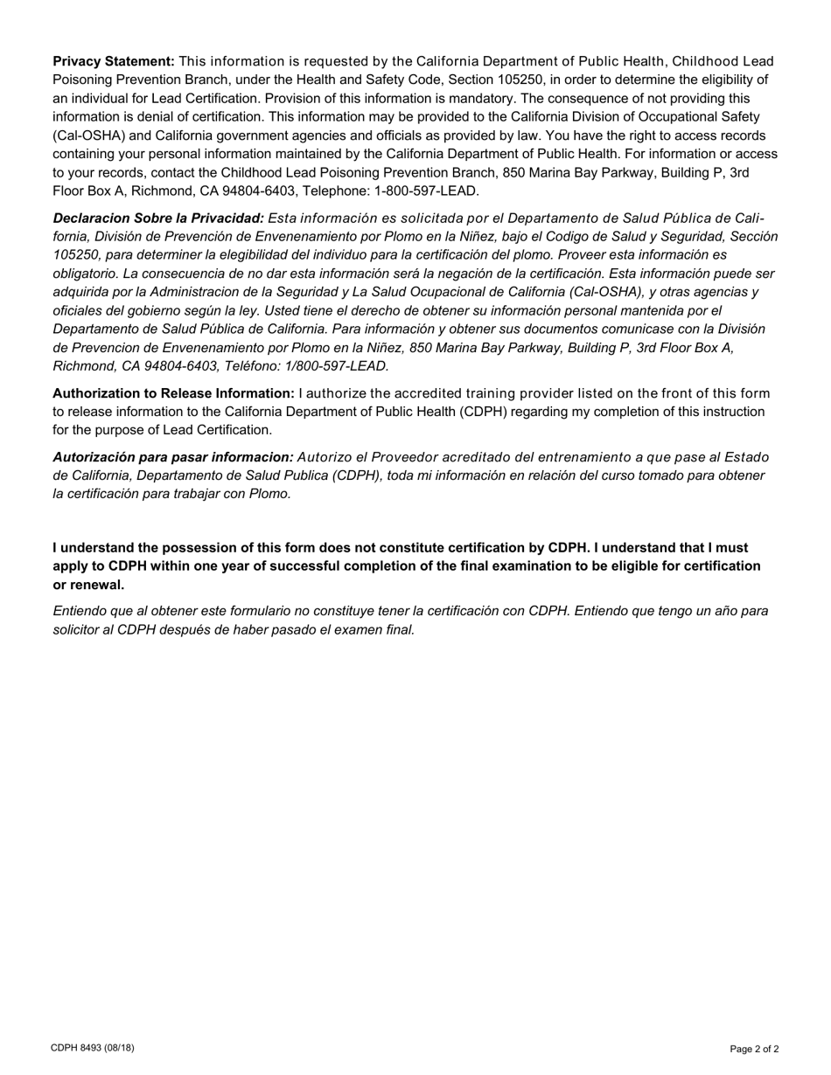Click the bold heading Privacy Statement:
coord(114,61)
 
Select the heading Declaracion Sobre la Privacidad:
coord(158,218)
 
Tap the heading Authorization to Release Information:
coord(173,393)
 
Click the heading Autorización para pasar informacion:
coord(173,457)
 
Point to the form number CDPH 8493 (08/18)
coord(93,1048)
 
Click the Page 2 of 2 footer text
coord(754,1049)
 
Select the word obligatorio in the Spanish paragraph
coord(90,274)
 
